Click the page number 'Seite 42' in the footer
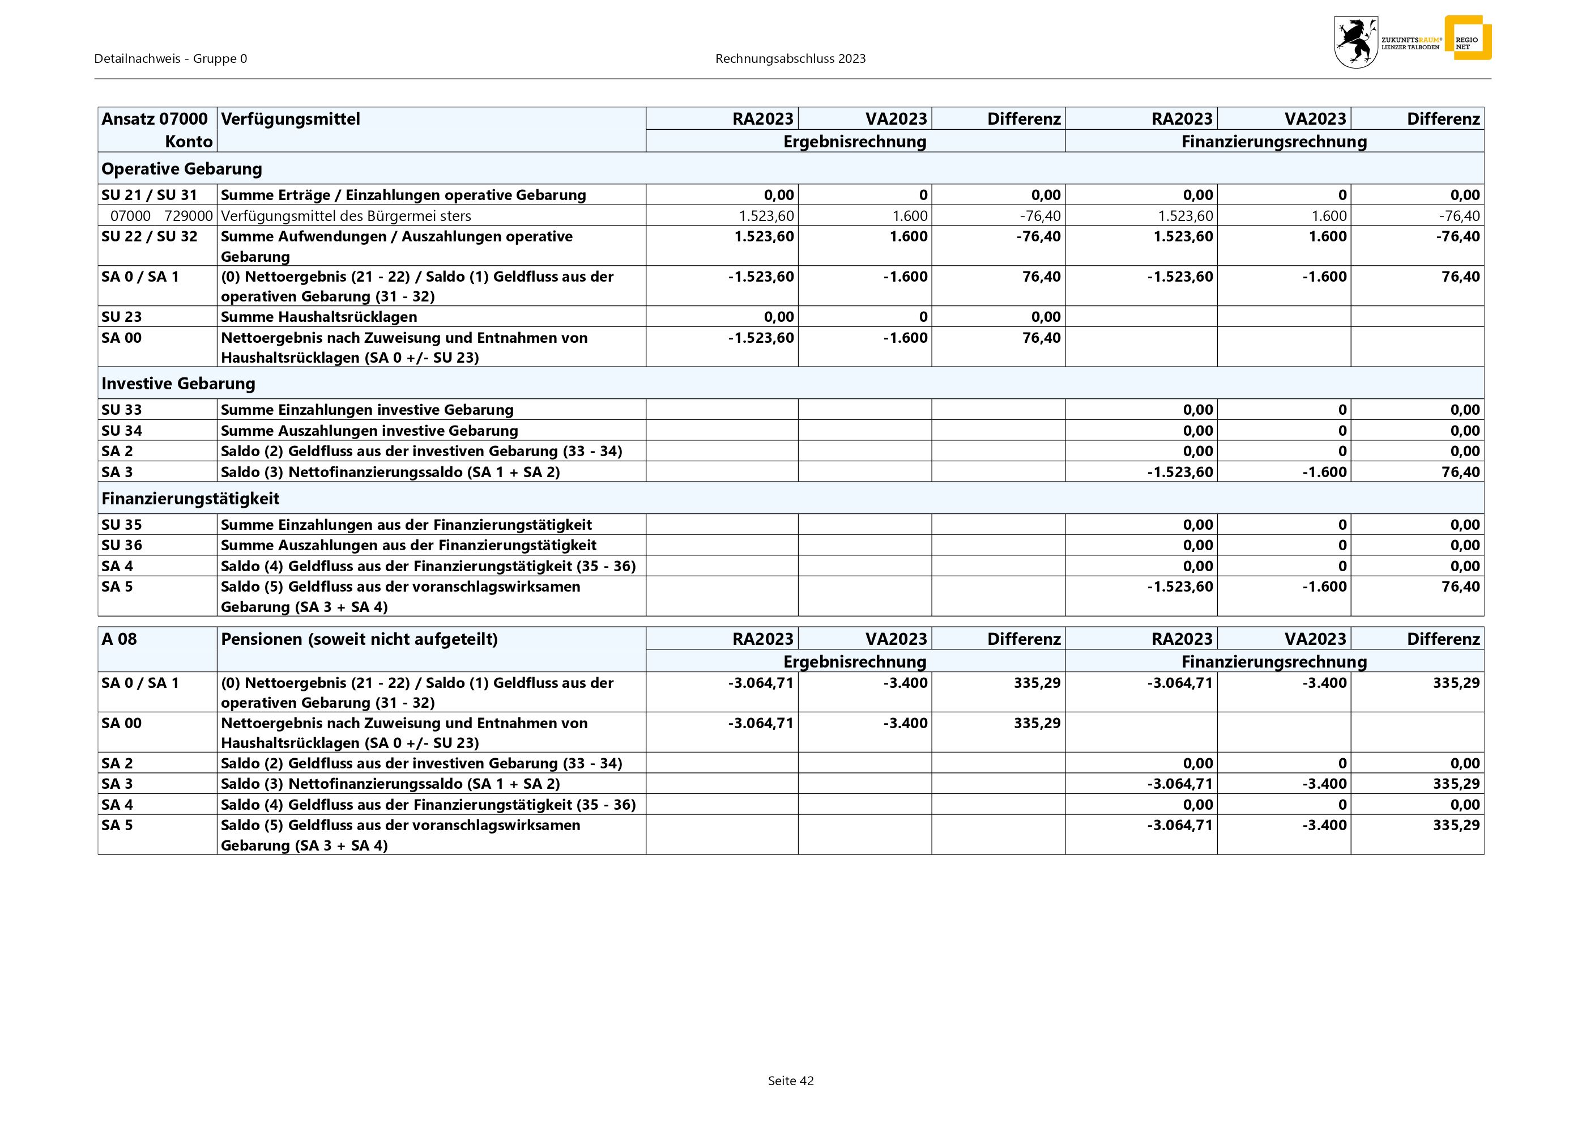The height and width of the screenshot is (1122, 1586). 790,1081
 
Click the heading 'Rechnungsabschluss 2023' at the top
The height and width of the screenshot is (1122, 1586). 790,59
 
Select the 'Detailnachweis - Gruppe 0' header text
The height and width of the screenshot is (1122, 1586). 170,59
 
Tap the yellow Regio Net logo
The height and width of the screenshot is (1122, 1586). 1467,38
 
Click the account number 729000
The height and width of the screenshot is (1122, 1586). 189,215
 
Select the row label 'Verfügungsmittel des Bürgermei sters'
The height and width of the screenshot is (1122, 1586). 346,215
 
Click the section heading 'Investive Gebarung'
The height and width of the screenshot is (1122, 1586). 178,384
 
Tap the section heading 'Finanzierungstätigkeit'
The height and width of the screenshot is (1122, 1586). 191,498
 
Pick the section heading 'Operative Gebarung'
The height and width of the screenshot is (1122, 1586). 182,168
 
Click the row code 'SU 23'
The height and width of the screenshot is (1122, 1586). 122,316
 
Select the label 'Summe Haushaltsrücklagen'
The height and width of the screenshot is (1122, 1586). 318,316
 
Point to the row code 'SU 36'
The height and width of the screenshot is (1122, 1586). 122,545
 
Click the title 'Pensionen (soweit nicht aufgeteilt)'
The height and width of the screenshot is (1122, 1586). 359,639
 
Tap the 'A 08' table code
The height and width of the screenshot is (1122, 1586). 119,639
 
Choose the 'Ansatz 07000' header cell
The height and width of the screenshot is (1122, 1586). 155,119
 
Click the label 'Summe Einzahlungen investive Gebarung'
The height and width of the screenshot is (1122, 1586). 367,410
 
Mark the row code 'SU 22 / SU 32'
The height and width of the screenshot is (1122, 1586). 149,236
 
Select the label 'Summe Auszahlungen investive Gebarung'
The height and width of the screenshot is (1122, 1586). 369,431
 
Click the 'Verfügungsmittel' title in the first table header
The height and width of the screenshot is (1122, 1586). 290,119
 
